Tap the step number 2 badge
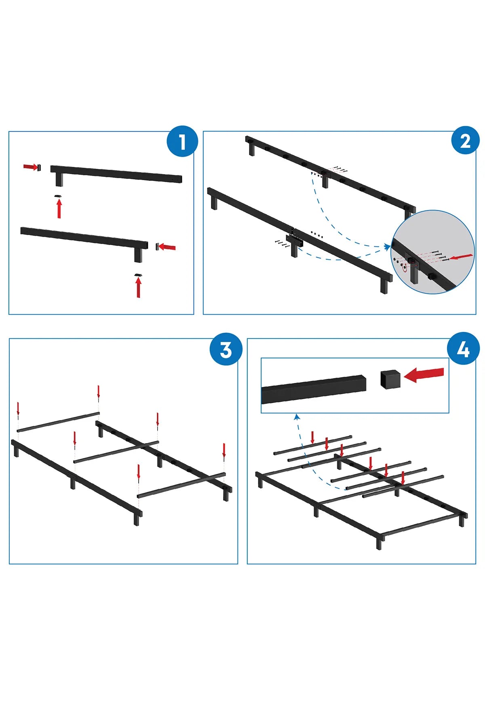pos(465,141)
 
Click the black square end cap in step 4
pos(390,379)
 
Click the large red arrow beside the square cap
pos(424,375)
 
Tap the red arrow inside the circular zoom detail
pos(460,257)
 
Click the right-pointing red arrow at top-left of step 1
pos(30,167)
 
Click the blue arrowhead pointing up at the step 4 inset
pos(297,416)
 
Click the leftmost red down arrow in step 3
pos(18,409)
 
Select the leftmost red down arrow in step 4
pos(312,437)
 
